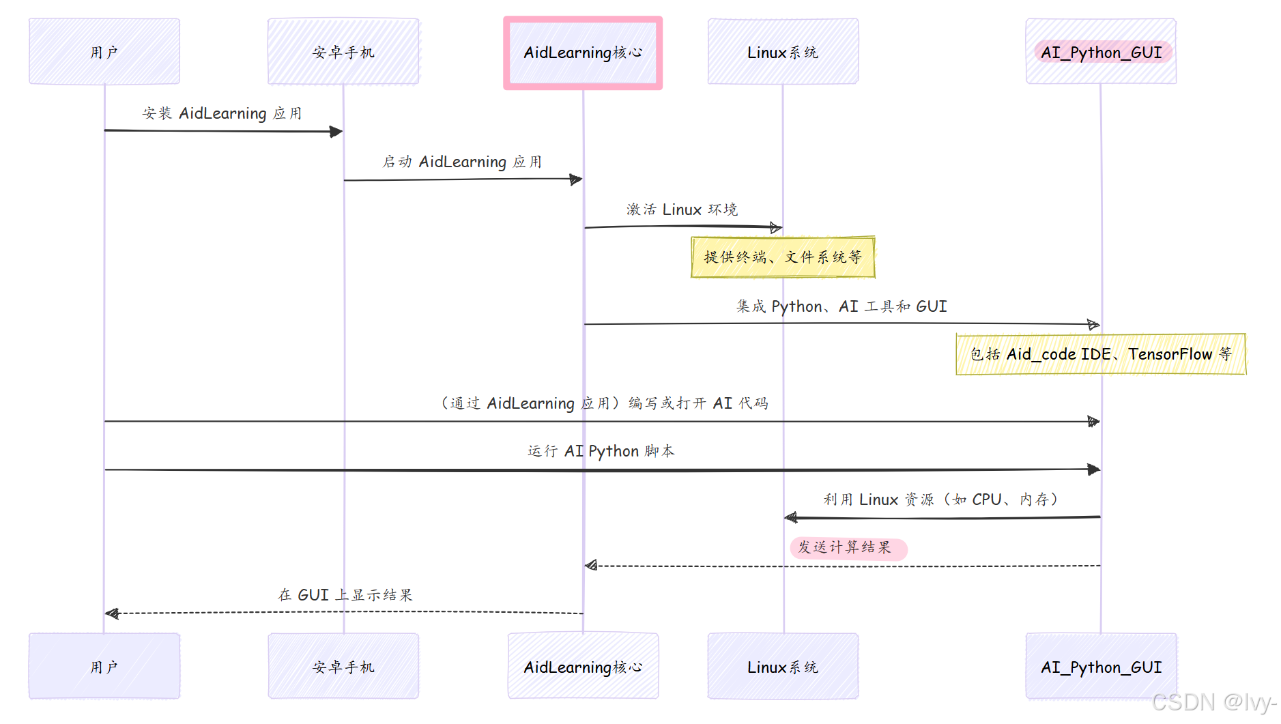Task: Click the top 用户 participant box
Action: pyautogui.click(x=104, y=52)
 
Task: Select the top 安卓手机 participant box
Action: pyautogui.click(x=343, y=52)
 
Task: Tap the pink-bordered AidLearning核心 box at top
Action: pyautogui.click(x=583, y=53)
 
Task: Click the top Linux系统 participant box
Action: pyautogui.click(x=783, y=52)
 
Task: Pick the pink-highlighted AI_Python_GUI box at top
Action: pyautogui.click(x=1101, y=52)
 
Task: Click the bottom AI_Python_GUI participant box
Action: pyautogui.click(x=1101, y=667)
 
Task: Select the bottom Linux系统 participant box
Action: pyautogui.click(x=783, y=667)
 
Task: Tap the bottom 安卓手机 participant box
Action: pyautogui.click(x=343, y=667)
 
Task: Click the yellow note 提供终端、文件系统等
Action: pyautogui.click(x=783, y=257)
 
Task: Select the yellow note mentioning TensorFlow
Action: pyautogui.click(x=1101, y=354)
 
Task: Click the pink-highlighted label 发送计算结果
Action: pyautogui.click(x=846, y=548)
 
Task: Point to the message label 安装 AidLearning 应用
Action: pyautogui.click(x=222, y=113)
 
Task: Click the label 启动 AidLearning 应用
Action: pyautogui.click(x=462, y=162)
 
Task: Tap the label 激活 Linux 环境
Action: pyautogui.click(x=682, y=209)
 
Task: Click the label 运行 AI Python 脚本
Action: pyautogui.click(x=601, y=451)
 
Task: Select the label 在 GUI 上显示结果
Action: pyautogui.click(x=345, y=595)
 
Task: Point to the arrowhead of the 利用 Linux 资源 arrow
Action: pyautogui.click(x=790, y=518)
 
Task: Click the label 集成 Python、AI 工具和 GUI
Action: pyautogui.click(x=841, y=306)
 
